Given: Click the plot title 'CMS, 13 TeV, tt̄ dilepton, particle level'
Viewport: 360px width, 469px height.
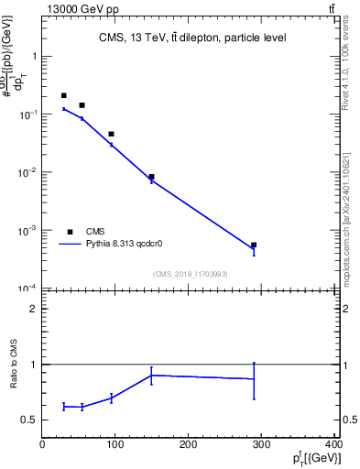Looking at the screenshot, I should pyautogui.click(x=192, y=38).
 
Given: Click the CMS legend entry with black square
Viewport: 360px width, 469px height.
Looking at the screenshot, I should pyautogui.click(x=85, y=232).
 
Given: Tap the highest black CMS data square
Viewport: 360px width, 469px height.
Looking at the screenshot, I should pyautogui.click(x=64, y=95).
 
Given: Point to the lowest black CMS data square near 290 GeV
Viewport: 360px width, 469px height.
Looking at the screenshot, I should pyautogui.click(x=254, y=245).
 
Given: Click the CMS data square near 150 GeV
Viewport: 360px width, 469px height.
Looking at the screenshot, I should pyautogui.click(x=151, y=177).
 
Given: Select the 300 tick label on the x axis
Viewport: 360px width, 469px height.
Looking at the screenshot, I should pyautogui.click(x=262, y=444).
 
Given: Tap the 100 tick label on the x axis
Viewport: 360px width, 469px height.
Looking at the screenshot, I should pyautogui.click(x=115, y=444).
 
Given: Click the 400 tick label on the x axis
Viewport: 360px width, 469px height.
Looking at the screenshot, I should pyautogui.click(x=333, y=444).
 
